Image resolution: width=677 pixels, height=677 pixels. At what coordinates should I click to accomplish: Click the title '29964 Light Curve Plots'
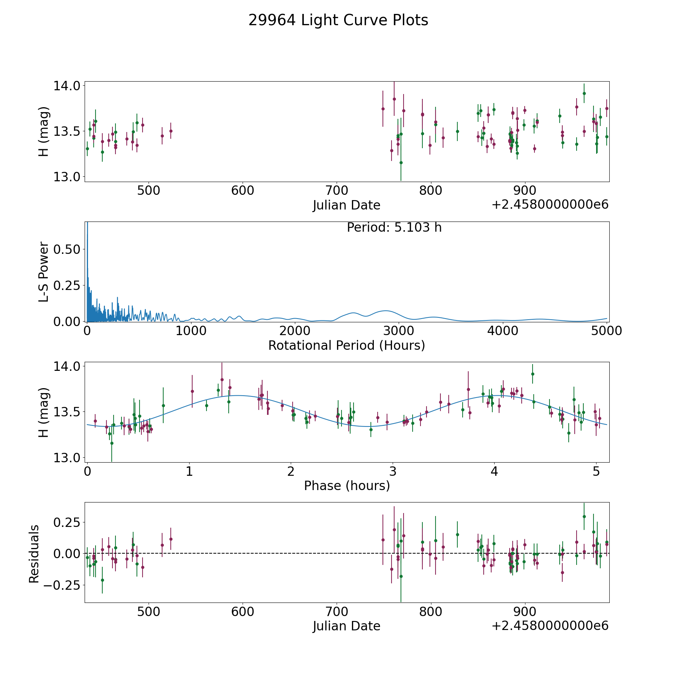point(338,20)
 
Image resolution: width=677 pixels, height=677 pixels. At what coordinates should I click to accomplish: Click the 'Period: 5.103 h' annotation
point(394,228)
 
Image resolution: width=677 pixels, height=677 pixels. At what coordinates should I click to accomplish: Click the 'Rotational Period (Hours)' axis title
point(346,345)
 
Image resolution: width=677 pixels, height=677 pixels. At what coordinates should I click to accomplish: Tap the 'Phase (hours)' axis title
point(346,486)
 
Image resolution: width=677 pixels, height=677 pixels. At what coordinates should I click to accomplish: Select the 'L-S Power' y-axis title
point(44,272)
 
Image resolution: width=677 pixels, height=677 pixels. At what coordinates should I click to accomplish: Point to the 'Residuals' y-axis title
point(34,554)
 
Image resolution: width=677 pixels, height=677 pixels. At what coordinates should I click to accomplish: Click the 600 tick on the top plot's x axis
point(243,191)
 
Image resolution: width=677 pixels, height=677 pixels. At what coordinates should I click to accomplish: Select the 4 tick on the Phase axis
point(494,471)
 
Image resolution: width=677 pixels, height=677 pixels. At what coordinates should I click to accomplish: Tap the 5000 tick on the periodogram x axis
point(606,331)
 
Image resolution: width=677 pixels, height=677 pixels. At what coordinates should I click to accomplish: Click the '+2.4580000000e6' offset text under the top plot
point(550,205)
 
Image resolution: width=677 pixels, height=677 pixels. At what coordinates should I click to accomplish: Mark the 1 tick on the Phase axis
point(189,471)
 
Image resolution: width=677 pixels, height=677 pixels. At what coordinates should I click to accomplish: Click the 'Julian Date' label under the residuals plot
point(346,626)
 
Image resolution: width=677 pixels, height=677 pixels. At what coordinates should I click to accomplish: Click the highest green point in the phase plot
point(532,374)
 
